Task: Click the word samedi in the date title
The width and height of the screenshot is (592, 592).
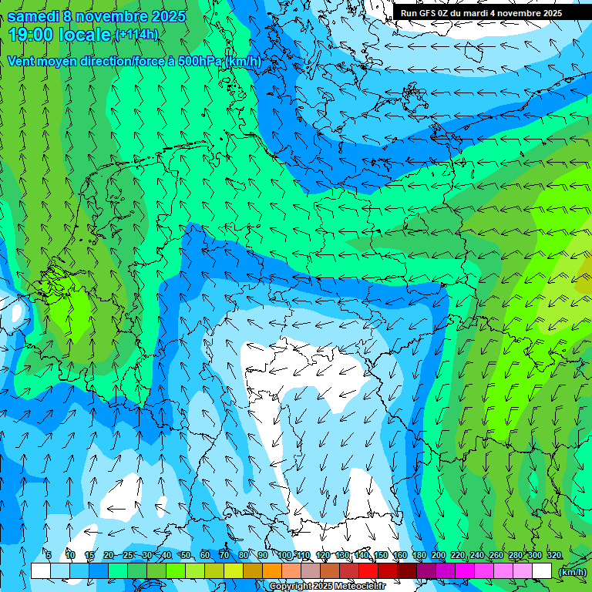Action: pos(34,15)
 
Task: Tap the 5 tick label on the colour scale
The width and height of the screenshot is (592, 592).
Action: pos(49,555)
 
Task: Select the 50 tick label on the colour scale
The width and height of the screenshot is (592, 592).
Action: pos(185,555)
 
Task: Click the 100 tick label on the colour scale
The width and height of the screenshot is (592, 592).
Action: pos(284,555)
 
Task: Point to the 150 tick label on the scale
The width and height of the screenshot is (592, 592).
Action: pos(381,555)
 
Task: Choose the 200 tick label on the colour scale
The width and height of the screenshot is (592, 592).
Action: pos(439,555)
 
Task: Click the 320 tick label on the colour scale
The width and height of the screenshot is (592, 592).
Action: pos(554,555)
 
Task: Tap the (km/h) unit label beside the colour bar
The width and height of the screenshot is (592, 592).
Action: pos(572,571)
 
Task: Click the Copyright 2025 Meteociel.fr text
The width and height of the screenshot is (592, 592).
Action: pos(328,586)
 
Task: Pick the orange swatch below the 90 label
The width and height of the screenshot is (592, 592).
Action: pos(271,570)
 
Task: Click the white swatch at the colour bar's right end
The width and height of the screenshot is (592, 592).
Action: pos(543,570)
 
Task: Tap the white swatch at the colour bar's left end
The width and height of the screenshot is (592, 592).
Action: pos(41,570)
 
